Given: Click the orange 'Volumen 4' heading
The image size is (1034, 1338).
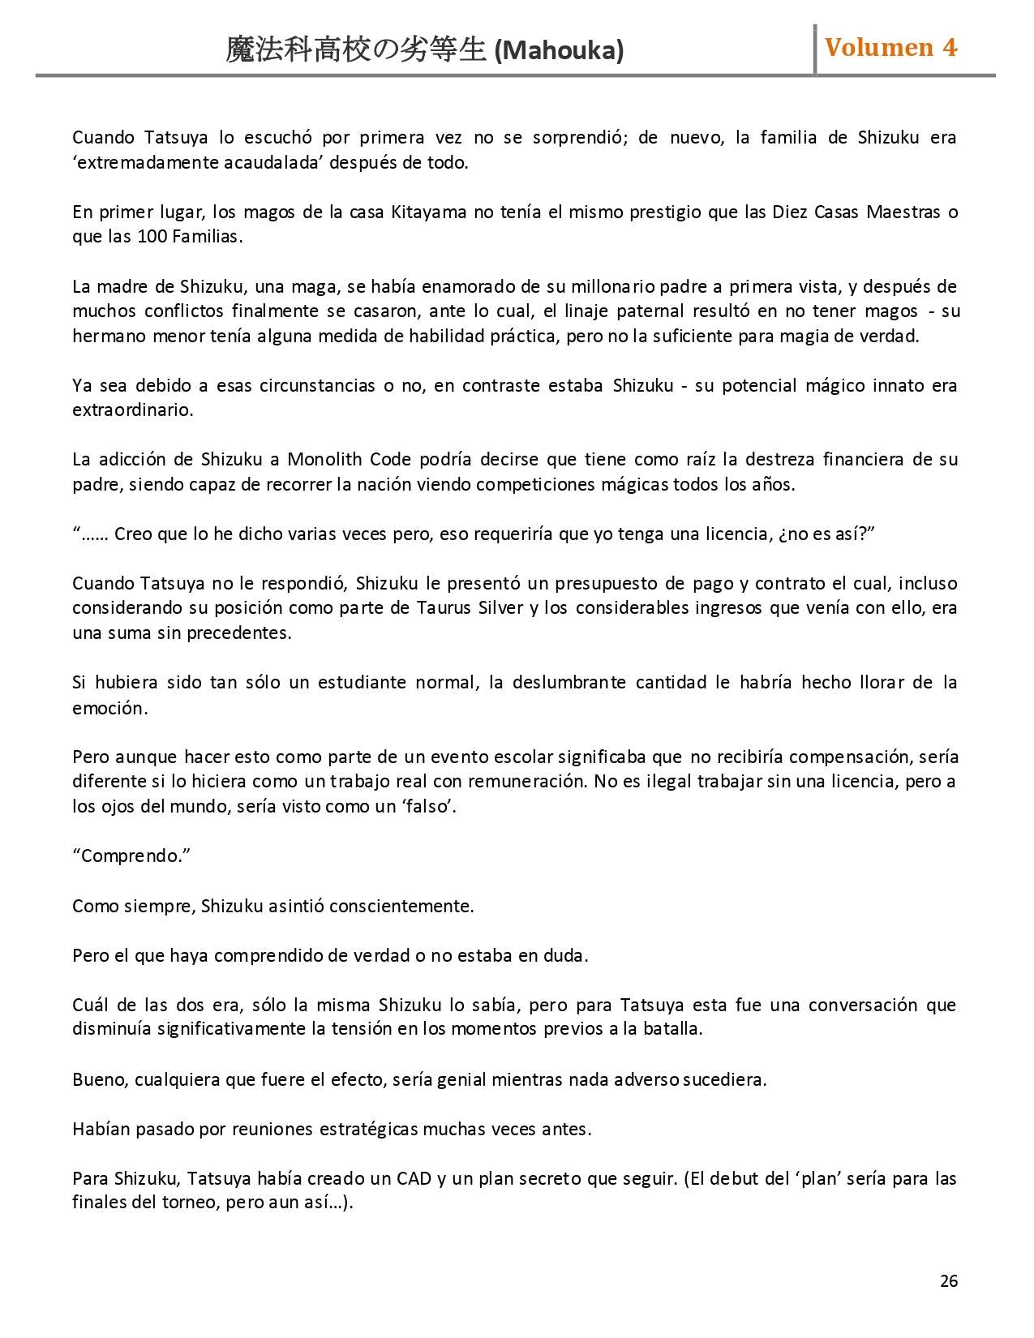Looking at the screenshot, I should pos(890,48).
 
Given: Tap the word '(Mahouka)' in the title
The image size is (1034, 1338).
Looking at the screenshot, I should pos(559,51).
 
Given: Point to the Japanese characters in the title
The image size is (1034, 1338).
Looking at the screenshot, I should pos(357,50).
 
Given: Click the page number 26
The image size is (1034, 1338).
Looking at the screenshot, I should pos(949,1281).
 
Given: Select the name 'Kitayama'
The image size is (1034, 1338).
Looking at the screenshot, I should pos(429,212).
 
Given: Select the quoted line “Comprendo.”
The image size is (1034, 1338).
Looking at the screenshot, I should pos(131,856).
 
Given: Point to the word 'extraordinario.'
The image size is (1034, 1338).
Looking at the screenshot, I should pos(133,410).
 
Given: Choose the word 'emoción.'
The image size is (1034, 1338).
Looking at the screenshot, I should pos(110,708).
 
